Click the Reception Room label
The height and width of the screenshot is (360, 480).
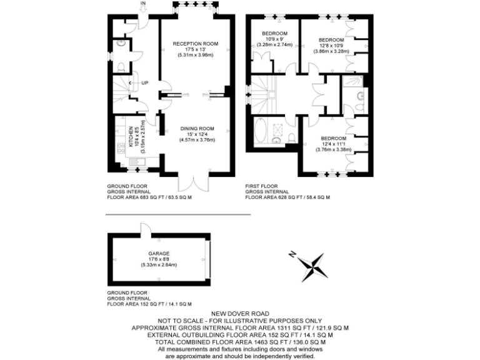pos(195,44)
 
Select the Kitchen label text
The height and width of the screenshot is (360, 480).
pos(131,136)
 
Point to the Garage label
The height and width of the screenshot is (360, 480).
pos(159,254)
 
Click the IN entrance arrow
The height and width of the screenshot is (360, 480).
pos(143,5)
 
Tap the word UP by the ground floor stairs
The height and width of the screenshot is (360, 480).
pos(144,83)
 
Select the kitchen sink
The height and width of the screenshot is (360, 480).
pos(137,164)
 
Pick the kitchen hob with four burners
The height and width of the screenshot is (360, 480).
pos(119,149)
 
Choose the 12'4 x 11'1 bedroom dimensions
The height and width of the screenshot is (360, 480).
pos(333,144)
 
